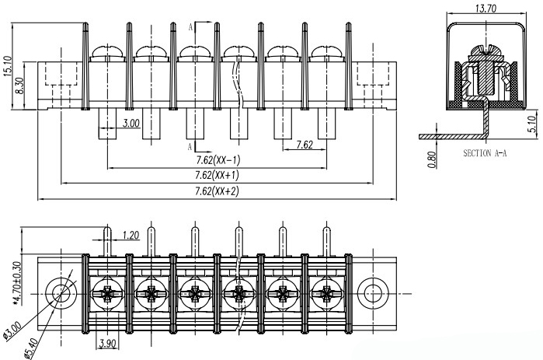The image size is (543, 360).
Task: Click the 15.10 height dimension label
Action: tap(8, 68)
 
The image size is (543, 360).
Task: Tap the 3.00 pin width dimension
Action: tap(131, 123)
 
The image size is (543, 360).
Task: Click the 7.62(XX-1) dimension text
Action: tap(218, 160)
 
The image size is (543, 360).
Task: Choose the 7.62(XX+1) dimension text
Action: tap(218, 176)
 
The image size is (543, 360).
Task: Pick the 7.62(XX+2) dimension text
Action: tap(218, 190)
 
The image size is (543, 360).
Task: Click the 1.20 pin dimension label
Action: tap(131, 234)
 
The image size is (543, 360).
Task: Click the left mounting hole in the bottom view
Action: tap(60, 292)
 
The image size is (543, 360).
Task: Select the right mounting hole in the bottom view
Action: tap(374, 292)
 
